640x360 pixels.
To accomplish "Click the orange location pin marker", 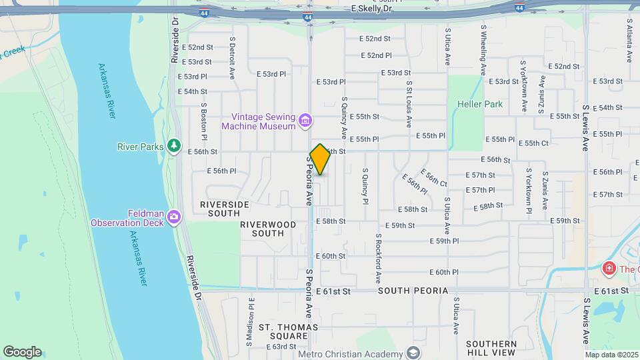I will tap(320, 159).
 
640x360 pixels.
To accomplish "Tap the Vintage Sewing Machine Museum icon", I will tap(305, 120).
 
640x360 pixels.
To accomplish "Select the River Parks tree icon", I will tap(174, 145).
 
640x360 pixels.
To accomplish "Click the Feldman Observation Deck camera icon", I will tap(174, 217).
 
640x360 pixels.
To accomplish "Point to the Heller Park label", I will tap(480, 105).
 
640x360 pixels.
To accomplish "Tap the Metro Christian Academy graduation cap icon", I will tap(414, 353).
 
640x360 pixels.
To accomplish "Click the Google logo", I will tap(22, 352).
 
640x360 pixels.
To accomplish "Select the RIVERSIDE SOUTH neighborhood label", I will tap(224, 209).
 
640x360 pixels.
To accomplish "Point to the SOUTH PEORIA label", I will tap(413, 291).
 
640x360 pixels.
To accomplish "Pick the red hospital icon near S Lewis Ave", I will tap(608, 269).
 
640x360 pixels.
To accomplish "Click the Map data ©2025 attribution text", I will tap(611, 355).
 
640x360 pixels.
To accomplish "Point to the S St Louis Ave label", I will tap(409, 103).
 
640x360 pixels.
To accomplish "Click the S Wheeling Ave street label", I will tap(483, 51).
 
